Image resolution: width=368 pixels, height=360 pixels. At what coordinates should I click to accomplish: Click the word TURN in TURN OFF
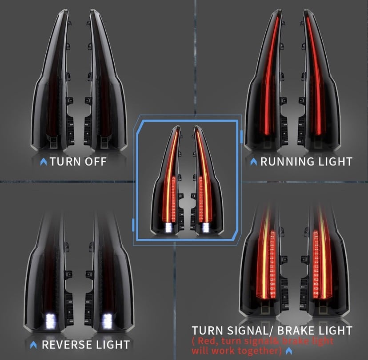click(x=65, y=161)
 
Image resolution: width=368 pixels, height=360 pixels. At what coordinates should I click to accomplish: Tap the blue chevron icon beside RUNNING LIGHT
click(x=254, y=162)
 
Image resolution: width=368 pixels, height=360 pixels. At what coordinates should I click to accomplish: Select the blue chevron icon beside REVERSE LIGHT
click(x=34, y=345)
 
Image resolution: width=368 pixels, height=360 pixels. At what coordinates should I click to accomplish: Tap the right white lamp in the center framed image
click(x=206, y=227)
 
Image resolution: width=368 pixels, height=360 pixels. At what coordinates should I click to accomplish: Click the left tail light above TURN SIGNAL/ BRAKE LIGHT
click(x=262, y=262)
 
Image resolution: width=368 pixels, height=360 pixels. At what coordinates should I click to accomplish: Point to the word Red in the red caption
click(x=206, y=341)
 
